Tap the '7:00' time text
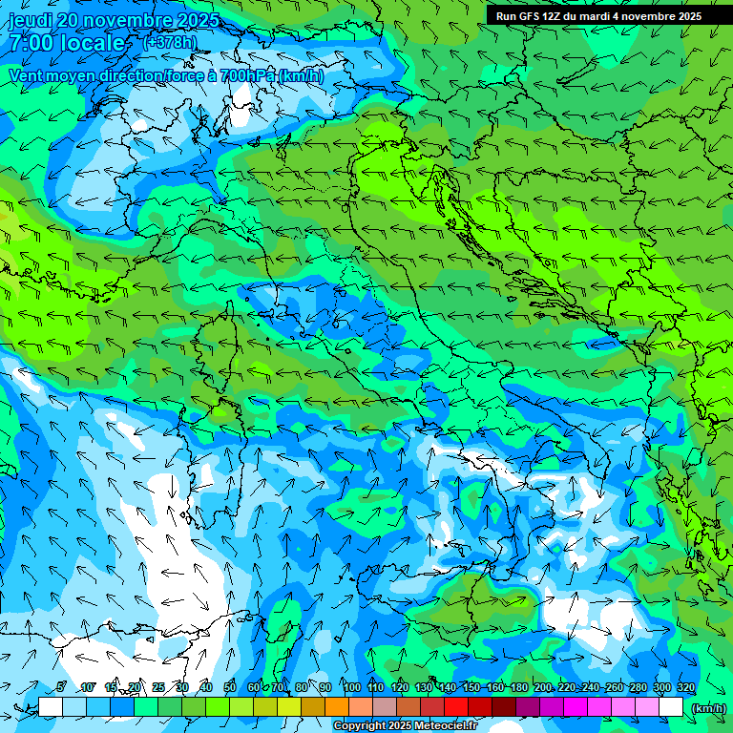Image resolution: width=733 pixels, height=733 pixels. click(32, 44)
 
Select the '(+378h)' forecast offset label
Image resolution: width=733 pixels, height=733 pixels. click(169, 43)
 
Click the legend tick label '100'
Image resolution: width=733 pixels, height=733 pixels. click(351, 687)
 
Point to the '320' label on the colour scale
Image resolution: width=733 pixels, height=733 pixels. click(686, 687)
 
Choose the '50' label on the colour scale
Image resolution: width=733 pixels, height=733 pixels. click(230, 687)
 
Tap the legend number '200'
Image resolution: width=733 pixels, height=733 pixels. click(543, 687)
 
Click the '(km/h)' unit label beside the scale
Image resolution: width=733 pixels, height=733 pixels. click(708, 708)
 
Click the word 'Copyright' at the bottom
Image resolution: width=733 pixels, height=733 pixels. click(360, 726)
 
